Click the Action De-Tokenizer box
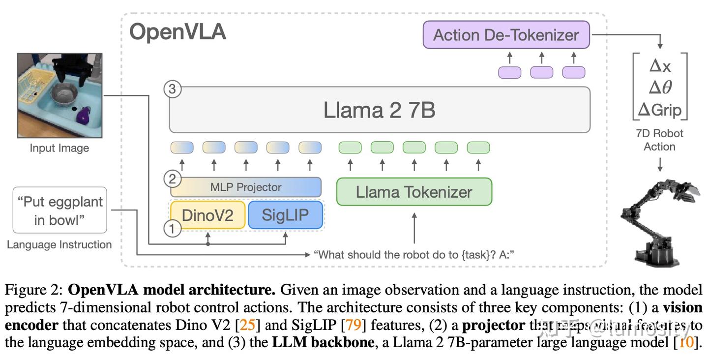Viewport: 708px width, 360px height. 506,35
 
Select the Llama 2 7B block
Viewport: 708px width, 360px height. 379,110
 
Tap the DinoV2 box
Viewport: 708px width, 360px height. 207,215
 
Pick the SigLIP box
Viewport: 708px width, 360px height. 285,215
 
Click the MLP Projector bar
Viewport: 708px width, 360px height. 246,187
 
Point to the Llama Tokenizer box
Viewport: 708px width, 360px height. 414,192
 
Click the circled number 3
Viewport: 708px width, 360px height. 173,90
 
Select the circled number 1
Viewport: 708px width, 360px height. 172,228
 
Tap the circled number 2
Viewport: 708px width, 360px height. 172,179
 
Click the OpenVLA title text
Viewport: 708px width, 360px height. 177,32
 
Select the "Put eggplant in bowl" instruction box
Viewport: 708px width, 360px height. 60,210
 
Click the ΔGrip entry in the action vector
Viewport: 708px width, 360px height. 659,109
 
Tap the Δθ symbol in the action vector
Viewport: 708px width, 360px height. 659,87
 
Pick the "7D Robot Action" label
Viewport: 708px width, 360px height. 659,140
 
